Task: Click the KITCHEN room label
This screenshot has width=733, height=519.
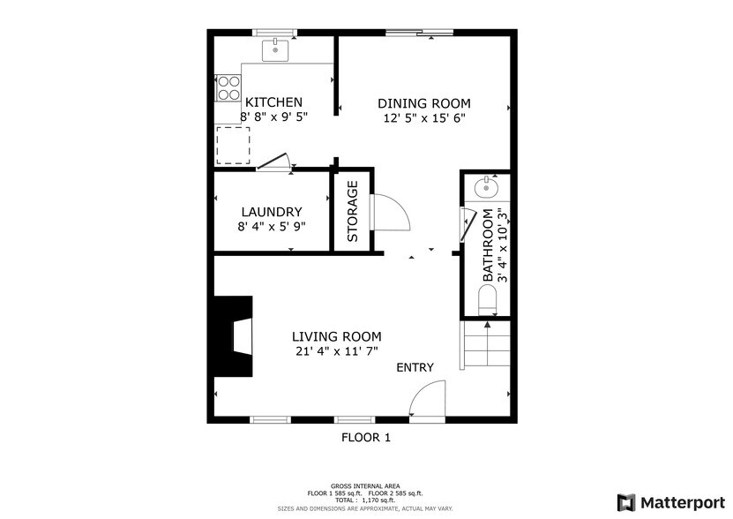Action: pyautogui.click(x=273, y=102)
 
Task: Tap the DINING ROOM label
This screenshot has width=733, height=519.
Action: pyautogui.click(x=424, y=102)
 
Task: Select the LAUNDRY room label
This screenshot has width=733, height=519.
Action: pyautogui.click(x=272, y=212)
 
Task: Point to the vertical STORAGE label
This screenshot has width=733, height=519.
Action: pyautogui.click(x=353, y=212)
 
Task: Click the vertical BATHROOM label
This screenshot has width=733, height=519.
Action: pyautogui.click(x=487, y=257)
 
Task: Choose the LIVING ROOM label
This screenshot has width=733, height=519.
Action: pyautogui.click(x=336, y=336)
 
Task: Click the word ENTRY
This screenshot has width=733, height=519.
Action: pyautogui.click(x=415, y=367)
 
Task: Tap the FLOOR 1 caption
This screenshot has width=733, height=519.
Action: pyautogui.click(x=365, y=437)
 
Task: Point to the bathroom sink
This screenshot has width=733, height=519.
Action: pyautogui.click(x=486, y=187)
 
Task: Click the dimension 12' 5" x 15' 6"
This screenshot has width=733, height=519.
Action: pyautogui.click(x=424, y=117)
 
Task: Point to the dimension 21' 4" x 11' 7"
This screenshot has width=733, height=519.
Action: pyautogui.click(x=336, y=351)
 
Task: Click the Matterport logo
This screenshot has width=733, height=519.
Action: pyautogui.click(x=671, y=501)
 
